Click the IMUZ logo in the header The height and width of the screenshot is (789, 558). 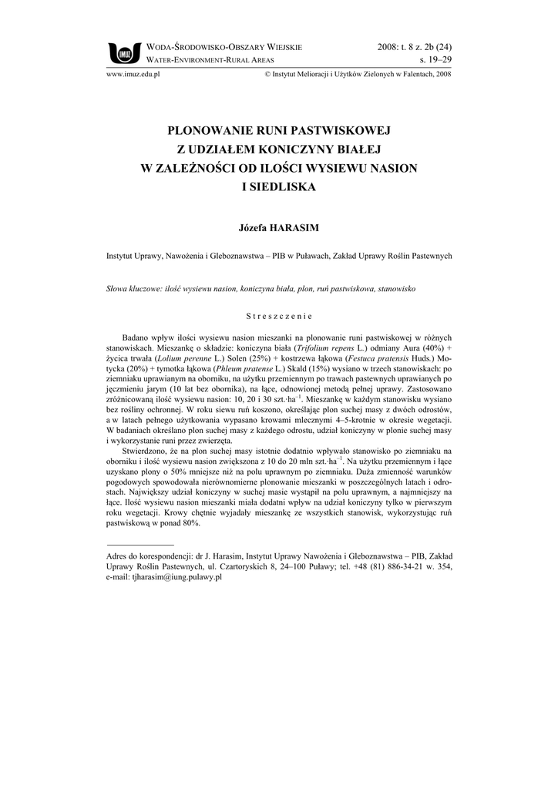[x=123, y=52]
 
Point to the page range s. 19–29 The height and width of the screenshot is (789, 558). [x=435, y=59]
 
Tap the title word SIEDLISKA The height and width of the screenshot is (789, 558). [x=278, y=186]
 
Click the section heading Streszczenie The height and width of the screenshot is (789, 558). [x=278, y=316]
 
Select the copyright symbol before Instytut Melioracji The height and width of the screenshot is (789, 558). [x=267, y=75]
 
